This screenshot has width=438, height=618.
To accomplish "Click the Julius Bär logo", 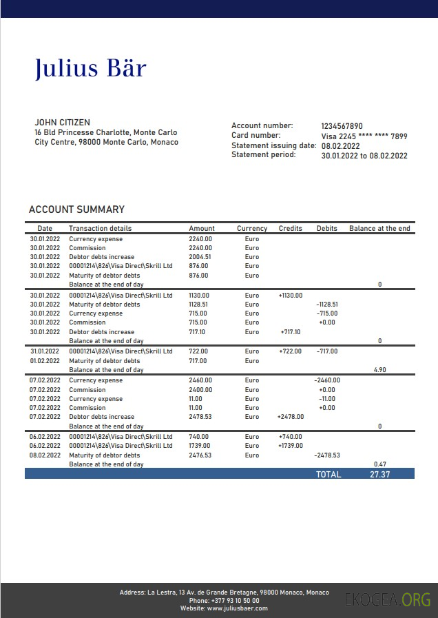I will pyautogui.click(x=90, y=68).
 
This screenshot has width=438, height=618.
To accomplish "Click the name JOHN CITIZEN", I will pyautogui.click(x=62, y=123).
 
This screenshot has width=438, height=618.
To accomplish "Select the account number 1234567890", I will pyautogui.click(x=342, y=126).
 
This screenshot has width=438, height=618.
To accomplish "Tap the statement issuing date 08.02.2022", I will pyautogui.click(x=341, y=146).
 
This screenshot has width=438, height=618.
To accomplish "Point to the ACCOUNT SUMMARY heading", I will pyautogui.click(x=76, y=209).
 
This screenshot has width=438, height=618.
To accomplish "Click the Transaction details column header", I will pyautogui.click(x=100, y=228).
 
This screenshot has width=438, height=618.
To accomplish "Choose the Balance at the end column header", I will pyautogui.click(x=379, y=228).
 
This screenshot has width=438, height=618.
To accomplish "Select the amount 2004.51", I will pyautogui.click(x=200, y=257).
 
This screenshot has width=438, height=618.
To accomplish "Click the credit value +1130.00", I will pyautogui.click(x=290, y=295).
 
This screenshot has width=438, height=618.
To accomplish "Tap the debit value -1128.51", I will pyautogui.click(x=326, y=304).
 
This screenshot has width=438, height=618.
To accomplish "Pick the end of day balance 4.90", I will pyautogui.click(x=379, y=369).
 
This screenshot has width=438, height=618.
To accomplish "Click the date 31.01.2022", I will pyautogui.click(x=45, y=351).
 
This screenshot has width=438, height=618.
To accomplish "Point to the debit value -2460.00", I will pyautogui.click(x=326, y=380).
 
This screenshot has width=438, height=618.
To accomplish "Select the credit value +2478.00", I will pyautogui.click(x=290, y=417).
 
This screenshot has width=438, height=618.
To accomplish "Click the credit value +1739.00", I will pyautogui.click(x=290, y=446).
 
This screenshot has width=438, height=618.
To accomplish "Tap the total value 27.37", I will pyautogui.click(x=379, y=474).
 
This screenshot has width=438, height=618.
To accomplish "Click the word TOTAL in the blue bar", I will pyautogui.click(x=328, y=474).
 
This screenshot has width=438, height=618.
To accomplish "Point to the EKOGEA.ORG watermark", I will pyautogui.click(x=388, y=599).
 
